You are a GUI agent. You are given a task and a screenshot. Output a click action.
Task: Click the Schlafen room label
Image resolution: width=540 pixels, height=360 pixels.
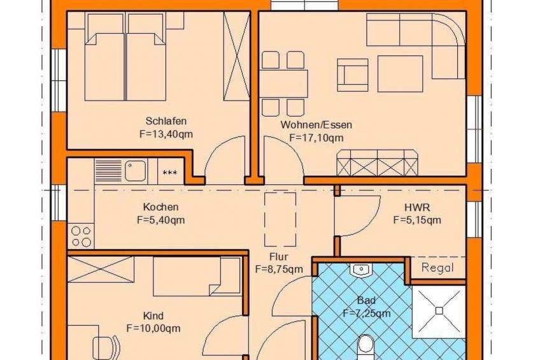pos(166,121)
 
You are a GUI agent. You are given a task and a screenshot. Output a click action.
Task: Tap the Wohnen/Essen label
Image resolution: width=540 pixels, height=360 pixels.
pos(316,125)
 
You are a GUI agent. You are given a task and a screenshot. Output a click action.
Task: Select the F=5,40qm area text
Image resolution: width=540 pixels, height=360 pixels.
pos(160,220)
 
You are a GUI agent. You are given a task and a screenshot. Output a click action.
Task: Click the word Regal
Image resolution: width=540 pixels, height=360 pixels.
pos(437,268)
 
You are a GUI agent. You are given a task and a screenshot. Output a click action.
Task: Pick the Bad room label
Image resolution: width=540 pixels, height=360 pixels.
pos(366,300)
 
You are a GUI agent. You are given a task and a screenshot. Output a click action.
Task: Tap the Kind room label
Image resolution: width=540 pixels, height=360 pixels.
pos(153,316)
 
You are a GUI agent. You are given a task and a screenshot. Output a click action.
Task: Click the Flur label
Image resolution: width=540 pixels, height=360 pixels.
pos(279,256)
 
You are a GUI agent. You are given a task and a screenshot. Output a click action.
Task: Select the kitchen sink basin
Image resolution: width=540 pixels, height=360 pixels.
pos(135,171)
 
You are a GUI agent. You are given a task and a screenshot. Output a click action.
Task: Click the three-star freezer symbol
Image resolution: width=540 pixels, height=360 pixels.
pos(170,173)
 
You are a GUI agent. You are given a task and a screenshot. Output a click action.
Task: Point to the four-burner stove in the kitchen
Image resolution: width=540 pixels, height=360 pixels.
pos(81,236)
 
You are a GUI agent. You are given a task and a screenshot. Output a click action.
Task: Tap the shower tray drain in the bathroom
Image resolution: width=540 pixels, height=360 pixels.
pos(438,310)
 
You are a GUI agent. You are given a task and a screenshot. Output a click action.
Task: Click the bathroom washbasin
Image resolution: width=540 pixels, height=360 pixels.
pos(360,270)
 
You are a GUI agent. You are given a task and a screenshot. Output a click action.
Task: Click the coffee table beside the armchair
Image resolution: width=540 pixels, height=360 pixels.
pos(400,73)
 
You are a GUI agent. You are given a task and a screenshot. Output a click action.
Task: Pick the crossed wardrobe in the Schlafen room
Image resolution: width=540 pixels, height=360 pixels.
pos(236,55)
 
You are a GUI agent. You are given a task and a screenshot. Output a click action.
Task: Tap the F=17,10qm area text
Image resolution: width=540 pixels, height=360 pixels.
pos(316,138)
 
